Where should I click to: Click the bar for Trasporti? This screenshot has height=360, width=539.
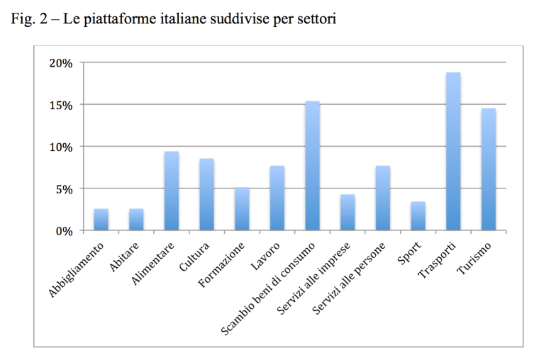pyautogui.click(x=453, y=152)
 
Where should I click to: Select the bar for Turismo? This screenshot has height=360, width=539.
pyautogui.click(x=488, y=169)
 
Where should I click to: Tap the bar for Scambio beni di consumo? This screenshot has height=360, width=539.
pyautogui.click(x=312, y=166)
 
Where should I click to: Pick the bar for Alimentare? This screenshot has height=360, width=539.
pyautogui.click(x=171, y=191)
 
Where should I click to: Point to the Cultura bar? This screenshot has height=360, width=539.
pyautogui.click(x=206, y=194)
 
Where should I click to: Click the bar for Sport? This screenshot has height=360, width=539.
pyautogui.click(x=418, y=216)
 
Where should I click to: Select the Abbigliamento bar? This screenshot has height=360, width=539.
pyautogui.click(x=101, y=220)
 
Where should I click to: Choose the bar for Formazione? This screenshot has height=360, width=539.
pyautogui.click(x=242, y=209)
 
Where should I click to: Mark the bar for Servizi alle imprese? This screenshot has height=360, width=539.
pyautogui.click(x=348, y=213)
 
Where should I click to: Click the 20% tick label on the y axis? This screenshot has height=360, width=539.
pyautogui.click(x=62, y=63)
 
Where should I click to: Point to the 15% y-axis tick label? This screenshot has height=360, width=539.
pyautogui.click(x=62, y=105)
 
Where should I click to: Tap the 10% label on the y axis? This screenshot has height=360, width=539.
pyautogui.click(x=62, y=147)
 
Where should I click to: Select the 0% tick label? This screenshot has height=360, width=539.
pyautogui.click(x=65, y=231)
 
